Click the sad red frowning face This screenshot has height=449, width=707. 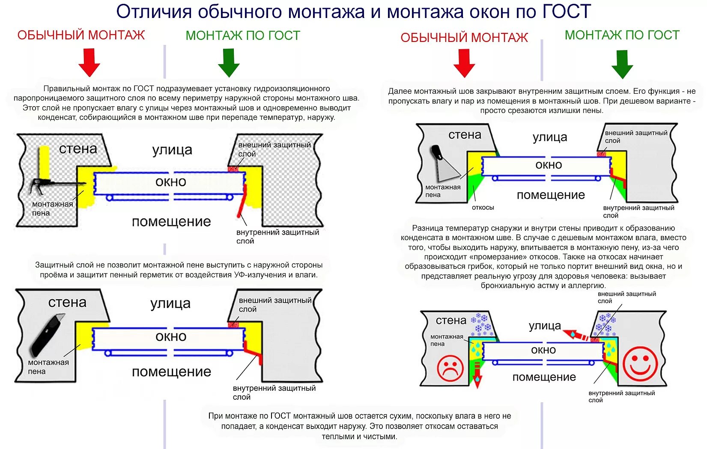pyautogui.click(x=450, y=368)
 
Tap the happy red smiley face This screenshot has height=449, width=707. pyautogui.click(x=640, y=364)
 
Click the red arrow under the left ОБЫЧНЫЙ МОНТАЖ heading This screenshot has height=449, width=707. pyautogui.click(x=89, y=62)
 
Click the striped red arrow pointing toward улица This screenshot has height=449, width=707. pyautogui.click(x=576, y=335)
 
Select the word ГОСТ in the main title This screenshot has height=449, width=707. pyautogui.click(x=566, y=11)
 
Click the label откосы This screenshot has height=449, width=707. pyautogui.click(x=483, y=208)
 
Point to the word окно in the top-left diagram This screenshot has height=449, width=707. pyautogui.click(x=170, y=182)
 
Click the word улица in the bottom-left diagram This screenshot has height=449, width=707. pyautogui.click(x=170, y=303)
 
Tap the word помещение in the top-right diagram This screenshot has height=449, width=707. pyautogui.click(x=551, y=195)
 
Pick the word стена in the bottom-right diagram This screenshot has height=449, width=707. pyautogui.click(x=450, y=320)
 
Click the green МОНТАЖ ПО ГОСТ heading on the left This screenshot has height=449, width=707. pyautogui.click(x=243, y=36)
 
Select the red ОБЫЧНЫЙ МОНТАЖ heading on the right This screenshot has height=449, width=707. pyautogui.click(x=464, y=38)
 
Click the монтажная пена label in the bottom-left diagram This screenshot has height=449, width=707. pyautogui.click(x=48, y=367)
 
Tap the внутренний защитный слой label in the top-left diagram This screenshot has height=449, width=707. pyautogui.click(x=277, y=236)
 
